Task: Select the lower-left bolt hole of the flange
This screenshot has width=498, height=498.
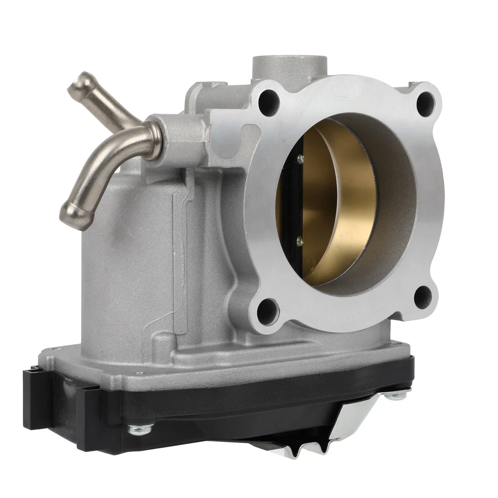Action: pyautogui.click(x=267, y=311)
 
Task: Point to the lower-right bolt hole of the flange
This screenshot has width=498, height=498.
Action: pyautogui.click(x=423, y=296)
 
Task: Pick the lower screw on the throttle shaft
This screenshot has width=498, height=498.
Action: pyautogui.click(x=299, y=240)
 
